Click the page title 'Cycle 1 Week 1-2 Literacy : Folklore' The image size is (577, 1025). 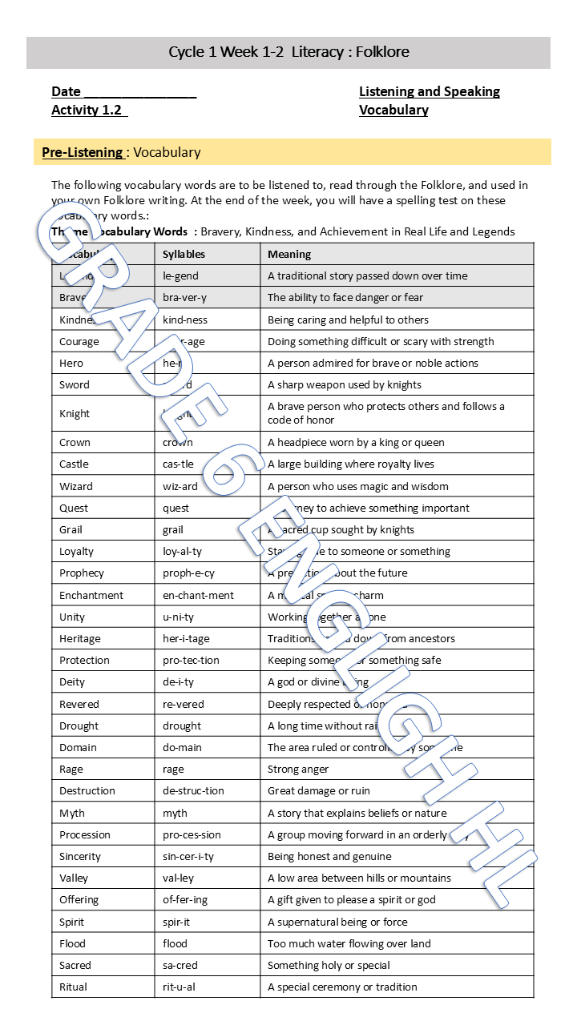tap(288, 52)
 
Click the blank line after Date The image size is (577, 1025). tap(140, 92)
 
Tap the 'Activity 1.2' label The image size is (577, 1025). tap(88, 110)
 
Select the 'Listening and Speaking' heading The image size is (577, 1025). tap(429, 91)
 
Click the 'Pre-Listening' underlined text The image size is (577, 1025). tap(83, 152)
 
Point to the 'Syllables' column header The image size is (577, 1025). tap(184, 254)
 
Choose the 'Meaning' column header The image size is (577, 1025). tap(289, 254)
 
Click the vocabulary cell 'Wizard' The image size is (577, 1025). tap(76, 486)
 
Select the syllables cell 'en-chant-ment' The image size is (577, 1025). tap(199, 595)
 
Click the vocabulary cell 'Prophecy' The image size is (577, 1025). tap(82, 573)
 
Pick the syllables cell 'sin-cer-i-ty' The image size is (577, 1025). tap(188, 856)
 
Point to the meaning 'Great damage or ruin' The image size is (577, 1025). tap(319, 790)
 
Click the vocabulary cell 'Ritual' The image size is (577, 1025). tap(74, 987)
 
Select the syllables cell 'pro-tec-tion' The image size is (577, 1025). tap(191, 661)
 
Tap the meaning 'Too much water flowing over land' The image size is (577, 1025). tap(349, 943)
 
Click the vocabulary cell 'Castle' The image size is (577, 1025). tap(75, 464)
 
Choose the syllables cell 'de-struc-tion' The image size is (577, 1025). tap(194, 790)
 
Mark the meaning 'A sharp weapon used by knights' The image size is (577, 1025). tap(345, 384)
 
